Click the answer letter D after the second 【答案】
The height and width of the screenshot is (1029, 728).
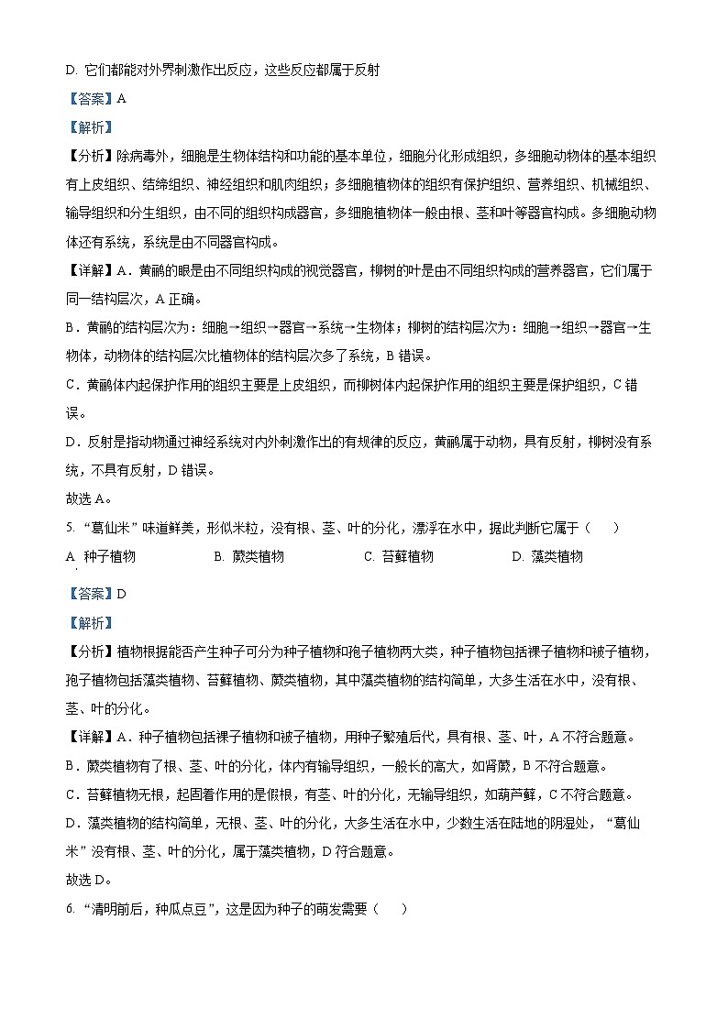[x=121, y=594]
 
